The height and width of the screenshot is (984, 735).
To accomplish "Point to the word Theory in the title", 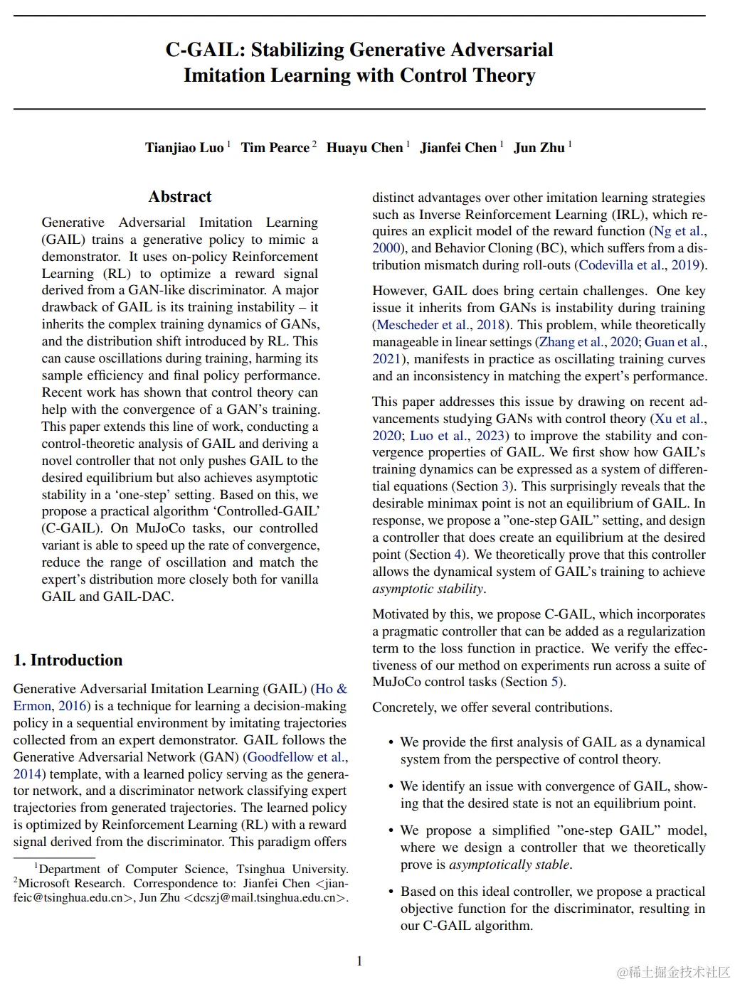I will pyautogui.click(x=503, y=75).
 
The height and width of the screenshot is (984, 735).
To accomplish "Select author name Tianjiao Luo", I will pyautogui.click(x=184, y=148).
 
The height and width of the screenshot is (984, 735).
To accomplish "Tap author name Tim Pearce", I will pyautogui.click(x=275, y=148).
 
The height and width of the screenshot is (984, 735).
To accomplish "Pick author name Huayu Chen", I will pyautogui.click(x=364, y=148).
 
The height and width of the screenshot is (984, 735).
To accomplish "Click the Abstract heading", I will pyautogui.click(x=180, y=197).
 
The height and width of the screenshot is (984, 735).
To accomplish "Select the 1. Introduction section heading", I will pyautogui.click(x=68, y=661).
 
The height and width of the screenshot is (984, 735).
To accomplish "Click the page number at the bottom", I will pyautogui.click(x=359, y=961).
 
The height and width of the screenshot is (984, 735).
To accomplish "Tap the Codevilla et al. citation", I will pyautogui.click(x=622, y=265).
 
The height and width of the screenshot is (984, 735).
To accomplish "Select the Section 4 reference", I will pyautogui.click(x=434, y=555).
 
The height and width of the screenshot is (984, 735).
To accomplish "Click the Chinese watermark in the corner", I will pyautogui.click(x=672, y=972).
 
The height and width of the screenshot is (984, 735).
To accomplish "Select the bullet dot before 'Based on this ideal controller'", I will pyautogui.click(x=391, y=892).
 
